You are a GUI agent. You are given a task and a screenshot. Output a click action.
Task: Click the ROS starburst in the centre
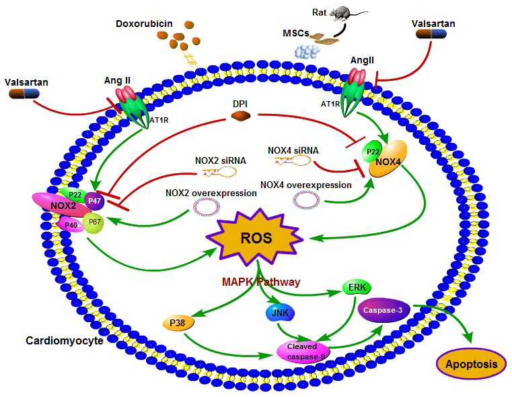(256, 237)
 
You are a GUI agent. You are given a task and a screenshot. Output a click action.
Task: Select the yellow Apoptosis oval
(472, 365)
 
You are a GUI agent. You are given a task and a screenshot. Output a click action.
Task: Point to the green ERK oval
(353, 288)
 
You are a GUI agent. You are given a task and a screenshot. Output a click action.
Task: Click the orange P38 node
(178, 324)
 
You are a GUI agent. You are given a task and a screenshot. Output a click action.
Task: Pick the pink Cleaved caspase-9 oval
(304, 350)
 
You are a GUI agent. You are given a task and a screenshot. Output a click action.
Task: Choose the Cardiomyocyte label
(65, 340)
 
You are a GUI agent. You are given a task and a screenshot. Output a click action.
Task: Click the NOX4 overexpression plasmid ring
(305, 200)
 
